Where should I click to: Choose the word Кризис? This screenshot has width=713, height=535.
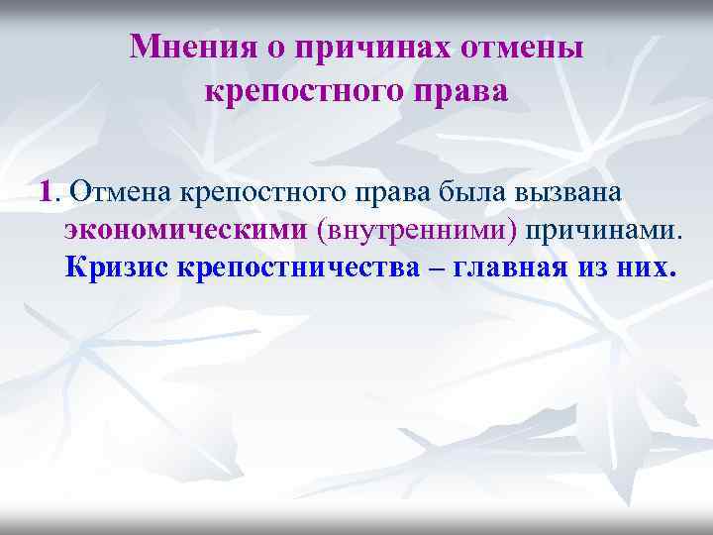118,267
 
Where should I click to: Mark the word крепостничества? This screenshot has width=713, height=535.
298,267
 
